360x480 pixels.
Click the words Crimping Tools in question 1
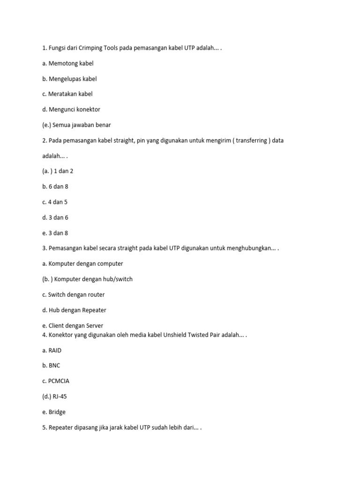coord(96,48)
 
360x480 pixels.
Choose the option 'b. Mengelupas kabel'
coord(69,79)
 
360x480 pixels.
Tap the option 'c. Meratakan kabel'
coord(67,94)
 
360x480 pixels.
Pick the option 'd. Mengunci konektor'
coord(71,110)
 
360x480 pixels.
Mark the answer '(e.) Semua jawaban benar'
coord(76,125)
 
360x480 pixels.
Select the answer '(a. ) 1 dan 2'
coord(58,171)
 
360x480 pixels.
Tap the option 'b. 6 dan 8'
coord(55,187)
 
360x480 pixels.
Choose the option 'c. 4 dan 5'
coord(55,202)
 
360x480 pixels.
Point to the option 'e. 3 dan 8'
coord(55,233)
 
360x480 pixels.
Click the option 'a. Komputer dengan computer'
coord(82,264)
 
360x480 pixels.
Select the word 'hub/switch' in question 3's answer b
coord(117,279)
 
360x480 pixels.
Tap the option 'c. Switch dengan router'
coord(73,295)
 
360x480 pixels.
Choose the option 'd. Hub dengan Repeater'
coord(74,310)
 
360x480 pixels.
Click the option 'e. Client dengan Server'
coord(73,326)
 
